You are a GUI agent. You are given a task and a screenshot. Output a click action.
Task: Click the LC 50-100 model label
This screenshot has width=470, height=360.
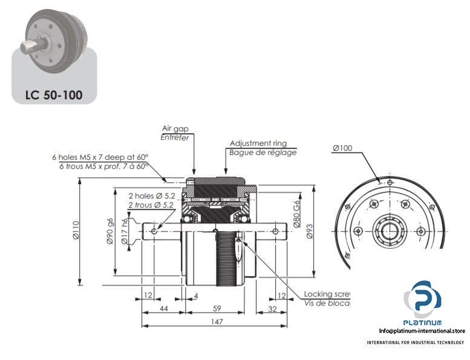[54, 94]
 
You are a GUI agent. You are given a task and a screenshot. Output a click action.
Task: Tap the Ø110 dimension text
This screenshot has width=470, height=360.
[76, 231]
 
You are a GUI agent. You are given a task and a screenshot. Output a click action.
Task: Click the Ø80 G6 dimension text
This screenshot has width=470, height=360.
[297, 212]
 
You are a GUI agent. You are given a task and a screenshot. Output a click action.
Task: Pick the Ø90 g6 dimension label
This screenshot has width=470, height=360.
[110, 231]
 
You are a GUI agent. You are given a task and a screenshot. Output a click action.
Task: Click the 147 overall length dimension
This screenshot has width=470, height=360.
[215, 322]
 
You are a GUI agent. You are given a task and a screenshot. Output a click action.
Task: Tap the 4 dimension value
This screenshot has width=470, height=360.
[197, 295]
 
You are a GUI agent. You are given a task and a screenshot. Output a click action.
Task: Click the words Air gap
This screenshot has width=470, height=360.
[175, 128]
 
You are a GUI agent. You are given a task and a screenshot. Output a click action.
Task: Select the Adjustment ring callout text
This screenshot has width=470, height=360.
[258, 143]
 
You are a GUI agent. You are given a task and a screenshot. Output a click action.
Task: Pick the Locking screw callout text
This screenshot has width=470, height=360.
[327, 295]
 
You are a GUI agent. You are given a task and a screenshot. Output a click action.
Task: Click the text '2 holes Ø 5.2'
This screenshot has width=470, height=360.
[151, 195]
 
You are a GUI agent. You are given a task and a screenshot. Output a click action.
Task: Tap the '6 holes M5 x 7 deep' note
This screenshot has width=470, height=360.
[100, 157]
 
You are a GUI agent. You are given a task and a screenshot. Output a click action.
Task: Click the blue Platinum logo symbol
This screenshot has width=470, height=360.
[426, 300]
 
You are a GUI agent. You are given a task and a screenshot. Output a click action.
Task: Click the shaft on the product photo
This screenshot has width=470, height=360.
[30, 46]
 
